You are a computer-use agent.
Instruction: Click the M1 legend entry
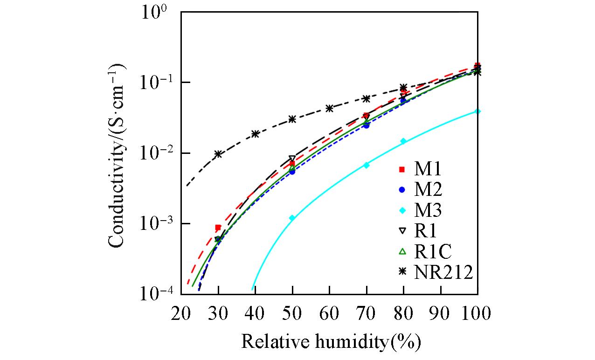click(x=420, y=169)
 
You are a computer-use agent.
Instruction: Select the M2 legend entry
click(x=420, y=190)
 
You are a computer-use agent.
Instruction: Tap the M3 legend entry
click(x=420, y=211)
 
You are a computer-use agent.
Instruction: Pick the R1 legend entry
click(x=420, y=231)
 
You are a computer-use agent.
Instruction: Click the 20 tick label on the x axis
click(x=181, y=313)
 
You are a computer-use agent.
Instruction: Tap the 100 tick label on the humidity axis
click(x=477, y=313)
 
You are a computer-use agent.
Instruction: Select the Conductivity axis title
click(x=118, y=154)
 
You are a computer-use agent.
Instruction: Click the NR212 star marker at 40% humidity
click(x=255, y=134)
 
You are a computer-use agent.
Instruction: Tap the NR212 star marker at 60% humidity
click(x=329, y=108)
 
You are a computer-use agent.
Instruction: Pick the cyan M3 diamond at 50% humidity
click(x=292, y=218)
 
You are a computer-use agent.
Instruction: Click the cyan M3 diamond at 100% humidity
click(x=477, y=111)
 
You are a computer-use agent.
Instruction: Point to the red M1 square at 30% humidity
click(x=218, y=228)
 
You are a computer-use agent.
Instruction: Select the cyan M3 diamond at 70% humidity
click(x=366, y=165)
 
